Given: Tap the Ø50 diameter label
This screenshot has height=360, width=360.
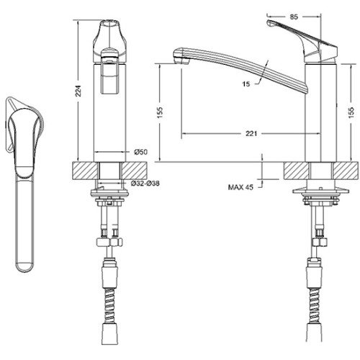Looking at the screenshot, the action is pos(141,152).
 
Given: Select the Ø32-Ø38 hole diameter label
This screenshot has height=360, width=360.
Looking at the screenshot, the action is pos(145,184).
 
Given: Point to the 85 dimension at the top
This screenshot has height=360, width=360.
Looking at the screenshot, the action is pos(294,17).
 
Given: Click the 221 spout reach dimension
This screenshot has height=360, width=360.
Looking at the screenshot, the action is pos(251,133).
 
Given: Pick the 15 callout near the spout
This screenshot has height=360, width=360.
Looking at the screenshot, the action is pos(246,84).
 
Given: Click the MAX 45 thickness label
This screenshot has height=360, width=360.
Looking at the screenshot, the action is pos(240,187).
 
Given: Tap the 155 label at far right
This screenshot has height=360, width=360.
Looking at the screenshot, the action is pos(351,112).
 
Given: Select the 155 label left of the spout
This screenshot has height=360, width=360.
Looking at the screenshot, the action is pos(160,112).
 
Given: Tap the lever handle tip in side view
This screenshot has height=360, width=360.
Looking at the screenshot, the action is pos(269,24).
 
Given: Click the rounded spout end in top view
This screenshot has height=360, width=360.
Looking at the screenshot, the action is pos(24,267).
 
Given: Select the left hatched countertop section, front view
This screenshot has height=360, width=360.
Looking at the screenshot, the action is pos(85,171).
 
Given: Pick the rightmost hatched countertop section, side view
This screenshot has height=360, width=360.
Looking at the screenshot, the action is pos(346,171).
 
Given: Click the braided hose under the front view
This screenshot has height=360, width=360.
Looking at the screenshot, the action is pos(110,305).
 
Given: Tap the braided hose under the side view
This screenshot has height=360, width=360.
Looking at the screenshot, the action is pos(315,305).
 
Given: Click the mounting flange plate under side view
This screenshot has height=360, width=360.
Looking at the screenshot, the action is pos(320,192).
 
